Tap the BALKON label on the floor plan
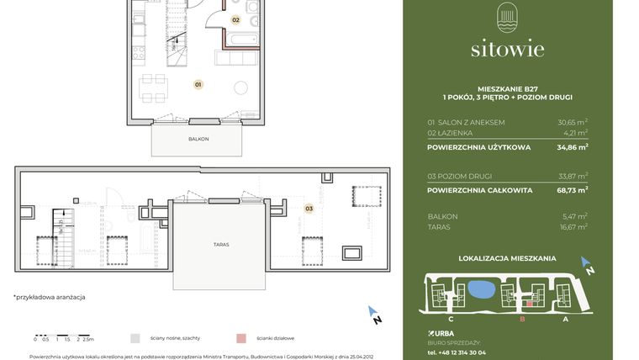tap(198, 139)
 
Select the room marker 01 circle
tap(198, 84)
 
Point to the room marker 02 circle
tap(235, 19)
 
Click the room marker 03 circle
tap(309, 208)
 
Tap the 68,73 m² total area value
tap(573, 190)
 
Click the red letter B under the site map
tap(522, 319)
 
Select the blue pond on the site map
tap(479, 291)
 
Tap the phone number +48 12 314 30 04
tap(457, 352)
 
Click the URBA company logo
tap(441, 333)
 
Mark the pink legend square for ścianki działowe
tap(241, 338)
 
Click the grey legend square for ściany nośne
tap(135, 338)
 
